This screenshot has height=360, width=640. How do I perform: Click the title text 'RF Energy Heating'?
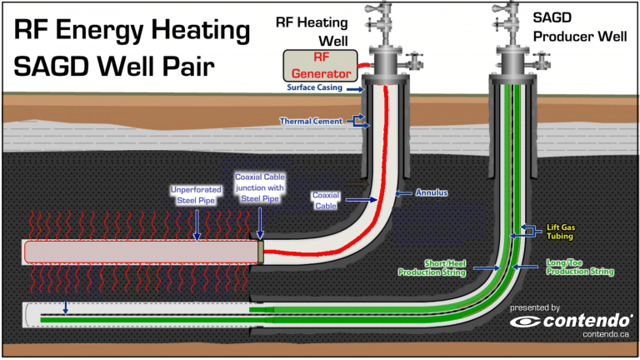132,32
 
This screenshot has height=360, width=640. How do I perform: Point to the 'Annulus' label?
432,192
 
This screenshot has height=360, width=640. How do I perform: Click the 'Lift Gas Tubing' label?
558,231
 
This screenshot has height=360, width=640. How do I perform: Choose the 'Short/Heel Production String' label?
433,267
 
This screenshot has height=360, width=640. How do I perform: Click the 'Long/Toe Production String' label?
580,267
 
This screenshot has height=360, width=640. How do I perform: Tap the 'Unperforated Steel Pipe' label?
196,193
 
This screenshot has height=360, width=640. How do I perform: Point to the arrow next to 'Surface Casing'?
352,88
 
